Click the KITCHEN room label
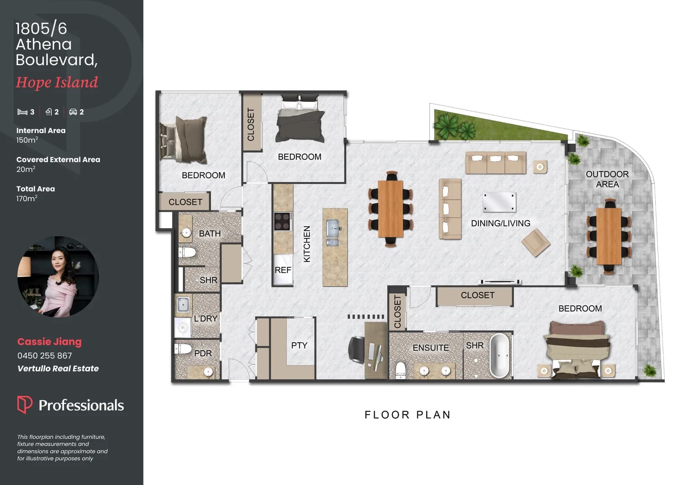click(307, 244)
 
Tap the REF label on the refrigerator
click(283, 270)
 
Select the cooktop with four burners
click(282, 221)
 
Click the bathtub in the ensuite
click(500, 355)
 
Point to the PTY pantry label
click(299, 345)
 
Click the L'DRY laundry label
click(205, 318)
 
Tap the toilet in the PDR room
click(183, 348)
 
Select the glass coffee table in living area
click(500, 202)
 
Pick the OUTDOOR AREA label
click(607, 179)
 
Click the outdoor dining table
click(609, 236)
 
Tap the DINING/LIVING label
click(500, 223)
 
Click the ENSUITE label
click(431, 348)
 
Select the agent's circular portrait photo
click(58, 276)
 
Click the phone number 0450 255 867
click(45, 355)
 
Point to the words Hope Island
click(57, 83)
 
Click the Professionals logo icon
click(25, 405)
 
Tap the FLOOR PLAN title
click(408, 415)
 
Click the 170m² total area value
click(27, 198)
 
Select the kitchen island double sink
click(333, 233)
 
